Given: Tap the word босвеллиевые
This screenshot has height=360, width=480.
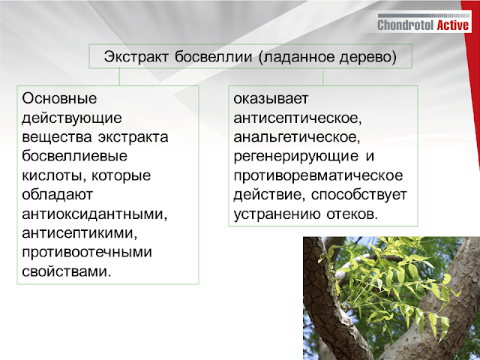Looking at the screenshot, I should pos(74,157).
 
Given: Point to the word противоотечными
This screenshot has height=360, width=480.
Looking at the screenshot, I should pos(87,252).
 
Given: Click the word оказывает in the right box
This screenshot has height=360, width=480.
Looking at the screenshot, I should pos(270,98).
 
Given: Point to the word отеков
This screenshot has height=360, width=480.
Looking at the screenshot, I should pos(352,214).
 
